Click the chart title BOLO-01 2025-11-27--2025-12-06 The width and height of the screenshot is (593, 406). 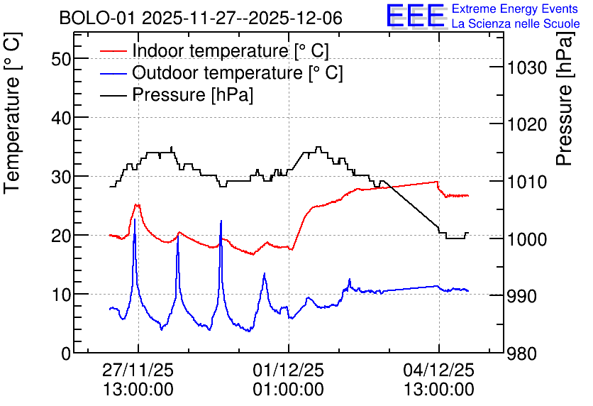(201, 18)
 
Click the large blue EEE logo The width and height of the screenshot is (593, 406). (416, 16)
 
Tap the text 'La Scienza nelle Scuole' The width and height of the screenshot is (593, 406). (516, 23)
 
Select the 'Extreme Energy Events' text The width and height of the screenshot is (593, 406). (515, 9)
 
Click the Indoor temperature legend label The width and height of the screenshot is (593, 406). (231, 50)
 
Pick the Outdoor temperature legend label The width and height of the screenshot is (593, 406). (237, 72)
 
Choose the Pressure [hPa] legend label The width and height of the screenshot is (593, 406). (192, 94)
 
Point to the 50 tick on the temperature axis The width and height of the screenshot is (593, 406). (61, 59)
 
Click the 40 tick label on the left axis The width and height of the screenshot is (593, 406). (61, 118)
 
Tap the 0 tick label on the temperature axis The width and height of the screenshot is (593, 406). (66, 353)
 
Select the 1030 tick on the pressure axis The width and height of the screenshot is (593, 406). (527, 68)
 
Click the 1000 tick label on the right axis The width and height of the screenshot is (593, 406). (527, 239)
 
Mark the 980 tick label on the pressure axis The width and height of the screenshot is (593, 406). (522, 354)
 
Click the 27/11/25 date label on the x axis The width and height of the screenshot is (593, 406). (138, 370)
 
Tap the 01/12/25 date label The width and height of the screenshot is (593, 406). (288, 370)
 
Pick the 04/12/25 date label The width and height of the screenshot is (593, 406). (438, 370)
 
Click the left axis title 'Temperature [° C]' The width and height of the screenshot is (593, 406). (13, 113)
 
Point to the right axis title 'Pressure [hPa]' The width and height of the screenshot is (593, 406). (565, 99)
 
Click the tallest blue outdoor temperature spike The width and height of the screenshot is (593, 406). (135, 219)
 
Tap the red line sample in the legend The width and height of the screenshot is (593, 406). (113, 51)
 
